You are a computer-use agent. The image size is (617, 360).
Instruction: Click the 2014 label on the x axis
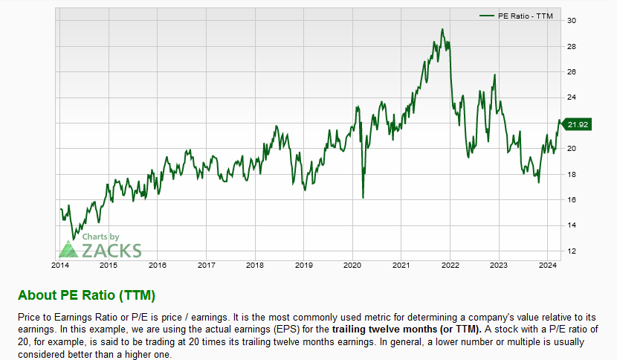[60, 265]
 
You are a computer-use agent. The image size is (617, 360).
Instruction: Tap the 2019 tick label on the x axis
[304, 265]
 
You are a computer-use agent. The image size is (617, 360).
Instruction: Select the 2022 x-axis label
[450, 265]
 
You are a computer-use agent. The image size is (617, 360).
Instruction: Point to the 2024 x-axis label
[547, 265]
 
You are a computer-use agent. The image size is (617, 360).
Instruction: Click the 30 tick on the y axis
[572, 21]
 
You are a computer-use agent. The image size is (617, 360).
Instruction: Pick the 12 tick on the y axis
[572, 251]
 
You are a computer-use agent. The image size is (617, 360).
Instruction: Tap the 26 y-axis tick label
[572, 71]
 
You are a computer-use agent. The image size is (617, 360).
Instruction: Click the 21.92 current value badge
[577, 124]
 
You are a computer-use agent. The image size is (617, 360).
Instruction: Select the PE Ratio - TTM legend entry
[516, 16]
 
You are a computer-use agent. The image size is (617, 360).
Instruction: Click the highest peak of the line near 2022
[442, 29]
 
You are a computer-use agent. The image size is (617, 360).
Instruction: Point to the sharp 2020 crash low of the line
[363, 197]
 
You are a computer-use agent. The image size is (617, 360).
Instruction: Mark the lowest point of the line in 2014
[73, 240]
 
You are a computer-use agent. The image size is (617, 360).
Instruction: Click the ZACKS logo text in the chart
[112, 251]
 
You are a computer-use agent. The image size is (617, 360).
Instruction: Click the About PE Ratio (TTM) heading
[86, 295]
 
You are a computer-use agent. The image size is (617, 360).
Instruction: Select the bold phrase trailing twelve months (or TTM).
[407, 330]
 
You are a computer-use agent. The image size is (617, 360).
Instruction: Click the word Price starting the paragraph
[29, 317]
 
